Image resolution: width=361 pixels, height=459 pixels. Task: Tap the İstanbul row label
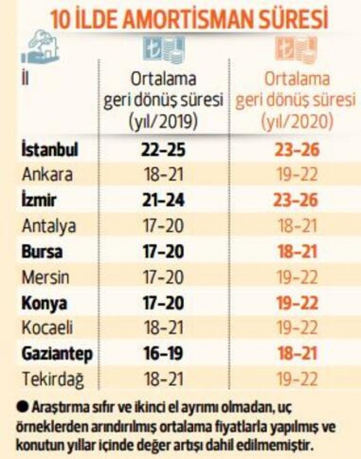(x=49, y=151)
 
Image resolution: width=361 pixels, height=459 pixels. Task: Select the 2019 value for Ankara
(x=163, y=175)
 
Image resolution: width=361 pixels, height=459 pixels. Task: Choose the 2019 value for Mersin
(x=163, y=277)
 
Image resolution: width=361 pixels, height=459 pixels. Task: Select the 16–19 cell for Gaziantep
(x=163, y=353)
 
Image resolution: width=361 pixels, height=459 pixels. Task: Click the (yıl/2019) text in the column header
(x=164, y=121)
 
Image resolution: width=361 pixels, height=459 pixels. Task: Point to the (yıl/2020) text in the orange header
(x=296, y=121)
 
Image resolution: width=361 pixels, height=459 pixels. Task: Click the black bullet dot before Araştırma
(x=23, y=408)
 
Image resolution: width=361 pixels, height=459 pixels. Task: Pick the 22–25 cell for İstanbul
(x=163, y=151)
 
